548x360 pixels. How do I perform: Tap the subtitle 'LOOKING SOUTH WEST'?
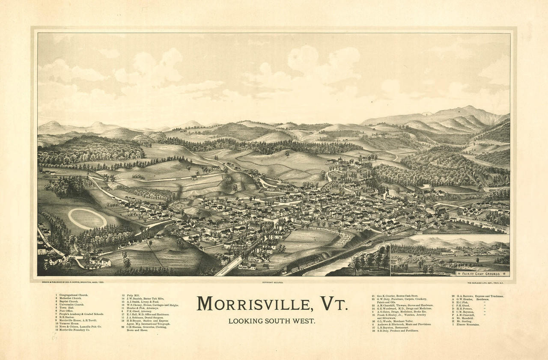[x=271, y=321]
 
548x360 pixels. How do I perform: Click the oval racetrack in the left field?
[x=87, y=219]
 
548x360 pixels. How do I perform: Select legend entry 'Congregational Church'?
[x=73, y=295]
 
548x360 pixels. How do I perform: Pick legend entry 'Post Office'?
[x=67, y=311]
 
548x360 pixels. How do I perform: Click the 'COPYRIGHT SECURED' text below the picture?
[x=272, y=283]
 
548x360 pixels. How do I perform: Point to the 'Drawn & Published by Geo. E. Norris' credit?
[x=73, y=283]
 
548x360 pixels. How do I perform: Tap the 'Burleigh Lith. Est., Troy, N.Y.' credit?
[x=488, y=283]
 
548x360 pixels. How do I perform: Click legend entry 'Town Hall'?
[x=66, y=307]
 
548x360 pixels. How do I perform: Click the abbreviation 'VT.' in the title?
[x=333, y=304]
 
